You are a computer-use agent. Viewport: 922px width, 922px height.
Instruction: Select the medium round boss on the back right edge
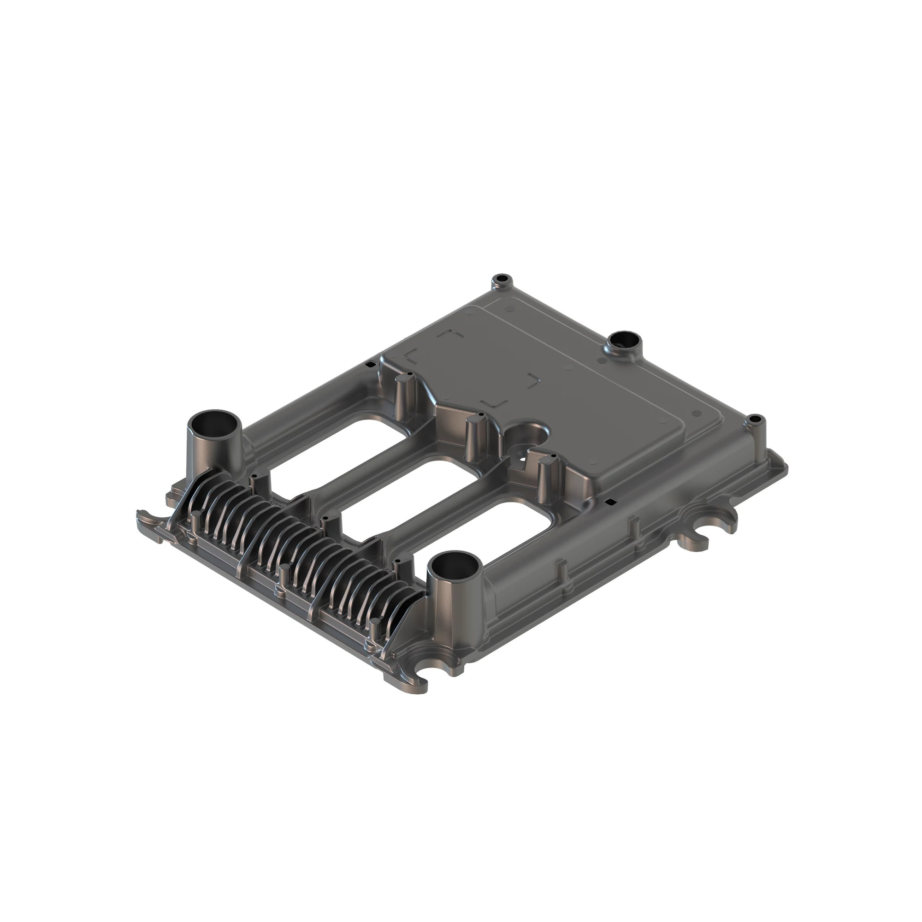[x=625, y=343]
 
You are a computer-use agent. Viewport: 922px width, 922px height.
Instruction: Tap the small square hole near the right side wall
[x=609, y=502]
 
